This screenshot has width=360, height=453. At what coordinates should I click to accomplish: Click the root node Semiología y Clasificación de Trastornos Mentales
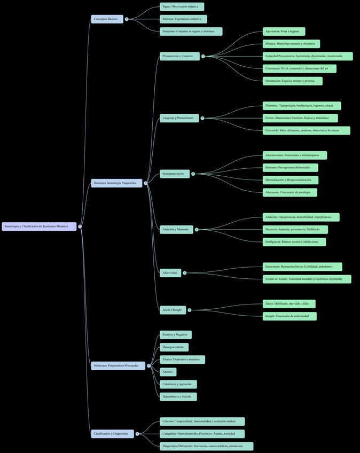tap(39, 226)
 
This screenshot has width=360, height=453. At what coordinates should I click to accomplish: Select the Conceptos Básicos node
tap(107, 19)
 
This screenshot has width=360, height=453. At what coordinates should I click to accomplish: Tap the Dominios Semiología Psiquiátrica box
tap(116, 183)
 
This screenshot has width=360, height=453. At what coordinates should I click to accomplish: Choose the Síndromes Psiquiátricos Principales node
tap(118, 366)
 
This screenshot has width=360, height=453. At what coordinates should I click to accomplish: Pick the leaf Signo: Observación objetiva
tap(182, 7)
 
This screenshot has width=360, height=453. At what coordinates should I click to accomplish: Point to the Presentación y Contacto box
tap(179, 56)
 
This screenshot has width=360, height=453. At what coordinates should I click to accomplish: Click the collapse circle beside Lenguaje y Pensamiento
tap(202, 118)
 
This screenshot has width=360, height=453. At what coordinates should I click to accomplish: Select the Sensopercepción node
tap(175, 174)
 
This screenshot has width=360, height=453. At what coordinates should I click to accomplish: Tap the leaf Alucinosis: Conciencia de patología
tap(289, 192)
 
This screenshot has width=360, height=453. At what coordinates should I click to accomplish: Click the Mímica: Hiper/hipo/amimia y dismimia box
tap(291, 44)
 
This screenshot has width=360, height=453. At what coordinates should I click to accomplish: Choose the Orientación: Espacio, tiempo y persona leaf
tap(292, 81)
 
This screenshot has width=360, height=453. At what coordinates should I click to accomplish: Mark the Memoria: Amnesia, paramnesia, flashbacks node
tap(295, 230)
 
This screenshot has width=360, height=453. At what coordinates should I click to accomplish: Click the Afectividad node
tap(170, 273)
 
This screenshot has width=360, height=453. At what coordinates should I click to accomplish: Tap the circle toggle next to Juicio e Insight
tap(189, 310)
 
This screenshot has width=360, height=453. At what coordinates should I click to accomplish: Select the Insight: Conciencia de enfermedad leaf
tap(289, 316)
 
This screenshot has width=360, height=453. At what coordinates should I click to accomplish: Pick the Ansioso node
tap(168, 372)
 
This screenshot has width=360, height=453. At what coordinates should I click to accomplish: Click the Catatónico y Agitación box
tap(178, 385)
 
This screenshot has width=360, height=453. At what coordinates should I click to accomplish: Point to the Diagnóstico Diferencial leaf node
tap(206, 446)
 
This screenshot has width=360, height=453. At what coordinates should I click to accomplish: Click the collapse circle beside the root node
tap(80, 226)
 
